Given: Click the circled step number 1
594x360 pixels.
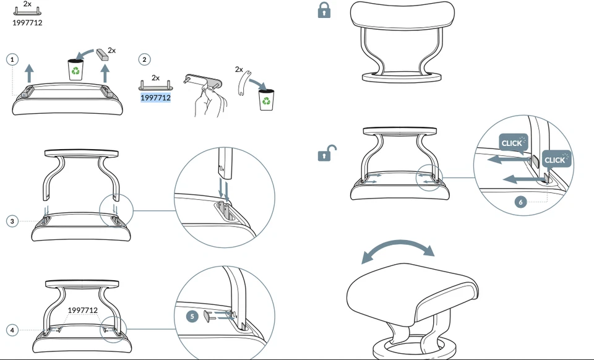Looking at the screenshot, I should point(12,59).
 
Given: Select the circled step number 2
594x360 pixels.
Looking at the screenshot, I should point(144,59).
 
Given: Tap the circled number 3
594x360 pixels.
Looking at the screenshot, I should point(12,221).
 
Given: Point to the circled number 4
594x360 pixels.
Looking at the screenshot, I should point(12,330).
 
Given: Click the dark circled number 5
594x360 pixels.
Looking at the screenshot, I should point(192,316).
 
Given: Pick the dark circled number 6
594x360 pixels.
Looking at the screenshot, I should point(520,202).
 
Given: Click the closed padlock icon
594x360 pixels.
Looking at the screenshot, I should point(324,10).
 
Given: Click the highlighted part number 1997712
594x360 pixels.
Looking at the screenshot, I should point(155,98).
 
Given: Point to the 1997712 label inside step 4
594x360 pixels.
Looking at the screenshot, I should point(82,310).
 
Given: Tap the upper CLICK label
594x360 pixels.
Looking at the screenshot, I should point(513,143).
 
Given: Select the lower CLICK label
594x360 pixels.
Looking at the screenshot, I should point(555,160).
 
